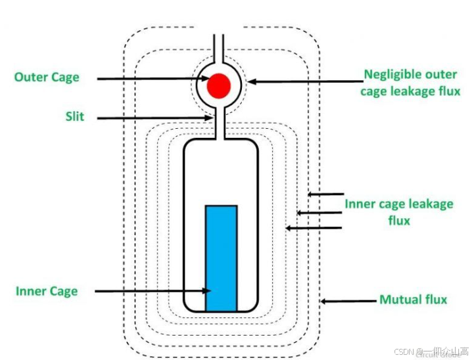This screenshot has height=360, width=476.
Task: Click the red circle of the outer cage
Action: [218, 85]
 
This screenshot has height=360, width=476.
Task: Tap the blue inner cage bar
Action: [221, 258]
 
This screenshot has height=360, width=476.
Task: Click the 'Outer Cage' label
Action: [47, 78]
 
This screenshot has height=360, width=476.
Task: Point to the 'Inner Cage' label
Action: [47, 291]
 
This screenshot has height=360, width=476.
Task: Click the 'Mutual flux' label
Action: [413, 300]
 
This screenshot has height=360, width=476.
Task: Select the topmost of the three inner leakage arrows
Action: [326, 194]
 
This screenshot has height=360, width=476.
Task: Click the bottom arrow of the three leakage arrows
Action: [314, 228]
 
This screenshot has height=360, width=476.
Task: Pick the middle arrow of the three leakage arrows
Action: [320, 212]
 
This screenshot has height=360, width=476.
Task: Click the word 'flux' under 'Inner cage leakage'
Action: [399, 221]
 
